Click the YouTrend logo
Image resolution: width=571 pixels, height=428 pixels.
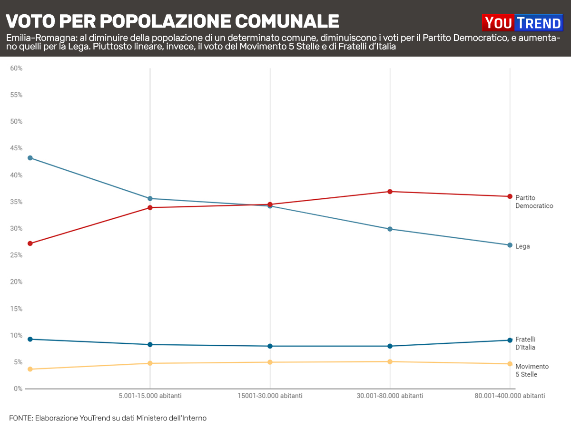pyautogui.click(x=522, y=22)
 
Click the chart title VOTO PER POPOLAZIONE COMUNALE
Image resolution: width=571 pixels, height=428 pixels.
pyautogui.click(x=172, y=21)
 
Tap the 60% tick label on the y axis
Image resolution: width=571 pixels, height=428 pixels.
pyautogui.click(x=16, y=68)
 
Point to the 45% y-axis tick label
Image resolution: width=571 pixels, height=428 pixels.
pyautogui.click(x=16, y=148)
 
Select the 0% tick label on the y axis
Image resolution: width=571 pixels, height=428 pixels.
pyautogui.click(x=18, y=389)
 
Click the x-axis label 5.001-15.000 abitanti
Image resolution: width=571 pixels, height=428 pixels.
pyautogui.click(x=150, y=396)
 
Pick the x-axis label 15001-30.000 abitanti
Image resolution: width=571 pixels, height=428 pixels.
pyautogui.click(x=270, y=396)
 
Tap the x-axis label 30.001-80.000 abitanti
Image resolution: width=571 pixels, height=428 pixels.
pyautogui.click(x=390, y=396)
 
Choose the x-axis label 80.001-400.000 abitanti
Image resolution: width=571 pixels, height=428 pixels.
pyautogui.click(x=510, y=396)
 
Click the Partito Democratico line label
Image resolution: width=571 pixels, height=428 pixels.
pyautogui.click(x=534, y=202)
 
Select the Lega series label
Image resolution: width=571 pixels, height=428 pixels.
pyautogui.click(x=522, y=246)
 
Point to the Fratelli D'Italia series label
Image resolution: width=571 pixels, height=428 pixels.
pyautogui.click(x=525, y=343)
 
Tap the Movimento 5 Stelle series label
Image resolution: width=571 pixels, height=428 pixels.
pyautogui.click(x=532, y=370)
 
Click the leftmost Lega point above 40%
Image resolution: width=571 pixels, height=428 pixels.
pyautogui.click(x=30, y=158)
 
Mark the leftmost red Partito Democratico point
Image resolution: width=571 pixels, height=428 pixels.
pyautogui.click(x=30, y=243)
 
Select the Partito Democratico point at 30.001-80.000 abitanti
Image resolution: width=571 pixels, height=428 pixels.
pyautogui.click(x=390, y=192)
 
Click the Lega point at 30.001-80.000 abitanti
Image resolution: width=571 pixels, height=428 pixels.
pyautogui.click(x=390, y=229)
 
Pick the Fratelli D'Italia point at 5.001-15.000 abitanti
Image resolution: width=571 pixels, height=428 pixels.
pyautogui.click(x=150, y=344)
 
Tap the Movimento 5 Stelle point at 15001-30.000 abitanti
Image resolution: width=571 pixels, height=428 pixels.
pyautogui.click(x=270, y=362)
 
